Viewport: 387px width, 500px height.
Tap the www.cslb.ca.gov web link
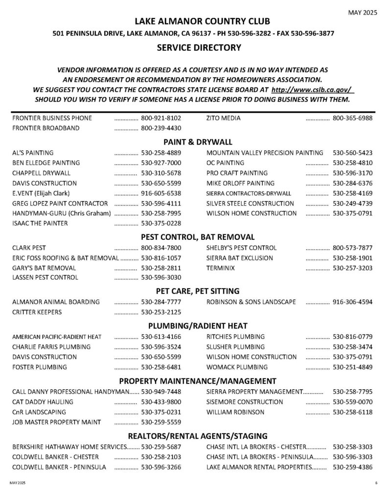tap(312, 90)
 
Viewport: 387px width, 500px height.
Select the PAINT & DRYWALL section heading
tap(198, 142)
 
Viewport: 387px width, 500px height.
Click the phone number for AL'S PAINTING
tap(161, 152)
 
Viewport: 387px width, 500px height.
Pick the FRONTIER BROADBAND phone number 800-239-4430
tap(161, 128)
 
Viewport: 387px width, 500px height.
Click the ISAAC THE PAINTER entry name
tap(40, 224)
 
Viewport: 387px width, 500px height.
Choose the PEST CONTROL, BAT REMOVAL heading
tap(198, 237)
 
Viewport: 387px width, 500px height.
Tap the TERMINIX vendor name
tap(221, 268)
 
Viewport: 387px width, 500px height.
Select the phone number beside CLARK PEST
tap(161, 248)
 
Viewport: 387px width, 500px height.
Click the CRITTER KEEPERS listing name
tap(37, 312)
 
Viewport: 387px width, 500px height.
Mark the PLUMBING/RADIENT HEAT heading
tap(198, 326)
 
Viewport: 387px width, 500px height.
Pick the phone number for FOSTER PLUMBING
tap(161, 367)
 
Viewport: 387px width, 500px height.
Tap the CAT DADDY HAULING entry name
tap(43, 402)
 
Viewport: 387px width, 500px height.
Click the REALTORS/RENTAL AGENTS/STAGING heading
tap(198, 436)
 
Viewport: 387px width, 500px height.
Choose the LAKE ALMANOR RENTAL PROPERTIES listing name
tap(259, 467)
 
